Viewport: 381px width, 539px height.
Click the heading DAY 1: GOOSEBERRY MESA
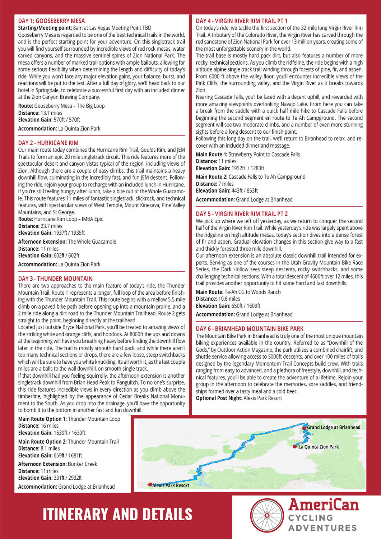tap(51, 21)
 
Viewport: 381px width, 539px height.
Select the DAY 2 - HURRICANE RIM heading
tap(48, 143)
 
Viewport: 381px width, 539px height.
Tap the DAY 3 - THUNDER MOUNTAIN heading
tap(55, 278)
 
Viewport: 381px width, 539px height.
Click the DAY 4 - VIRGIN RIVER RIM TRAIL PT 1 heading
tap(242, 21)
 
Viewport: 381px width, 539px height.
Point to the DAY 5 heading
tap(242, 214)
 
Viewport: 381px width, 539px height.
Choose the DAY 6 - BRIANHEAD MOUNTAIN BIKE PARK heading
tap(250, 328)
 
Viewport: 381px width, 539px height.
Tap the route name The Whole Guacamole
tap(92, 241)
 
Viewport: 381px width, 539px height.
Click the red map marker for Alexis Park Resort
tap(150, 485)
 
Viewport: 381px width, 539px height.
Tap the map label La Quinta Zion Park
tap(319, 447)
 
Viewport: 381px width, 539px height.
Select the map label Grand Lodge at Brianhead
tap(333, 427)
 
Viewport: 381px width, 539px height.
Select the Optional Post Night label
tap(219, 398)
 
